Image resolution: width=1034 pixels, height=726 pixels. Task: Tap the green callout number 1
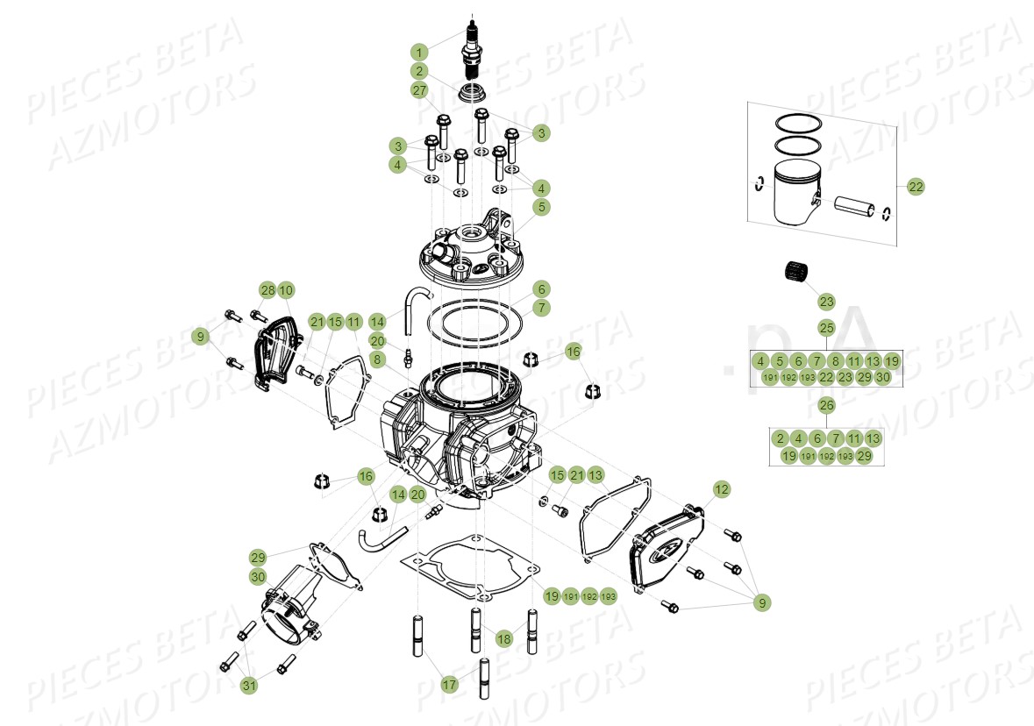pos(420,52)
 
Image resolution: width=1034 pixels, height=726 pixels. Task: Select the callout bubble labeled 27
pos(420,90)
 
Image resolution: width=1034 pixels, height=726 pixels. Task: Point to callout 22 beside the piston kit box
pos(916,187)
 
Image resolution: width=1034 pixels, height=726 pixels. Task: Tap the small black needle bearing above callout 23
pos(795,273)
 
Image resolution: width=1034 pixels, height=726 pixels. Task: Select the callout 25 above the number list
pos(826,328)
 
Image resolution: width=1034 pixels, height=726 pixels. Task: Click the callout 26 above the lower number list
pos(826,405)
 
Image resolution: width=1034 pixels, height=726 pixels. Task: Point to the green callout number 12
pos(721,489)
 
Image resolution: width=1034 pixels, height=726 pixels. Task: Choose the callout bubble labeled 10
pos(286,290)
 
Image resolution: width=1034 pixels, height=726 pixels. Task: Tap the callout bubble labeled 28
pos(267,290)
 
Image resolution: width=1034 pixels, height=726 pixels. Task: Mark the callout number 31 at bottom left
pos(250,686)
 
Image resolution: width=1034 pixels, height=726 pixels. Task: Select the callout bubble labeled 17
pos(449,685)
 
